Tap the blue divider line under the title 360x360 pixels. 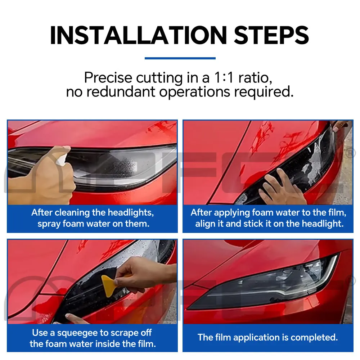tap(180, 58)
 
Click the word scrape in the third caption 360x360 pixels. tap(126, 332)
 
